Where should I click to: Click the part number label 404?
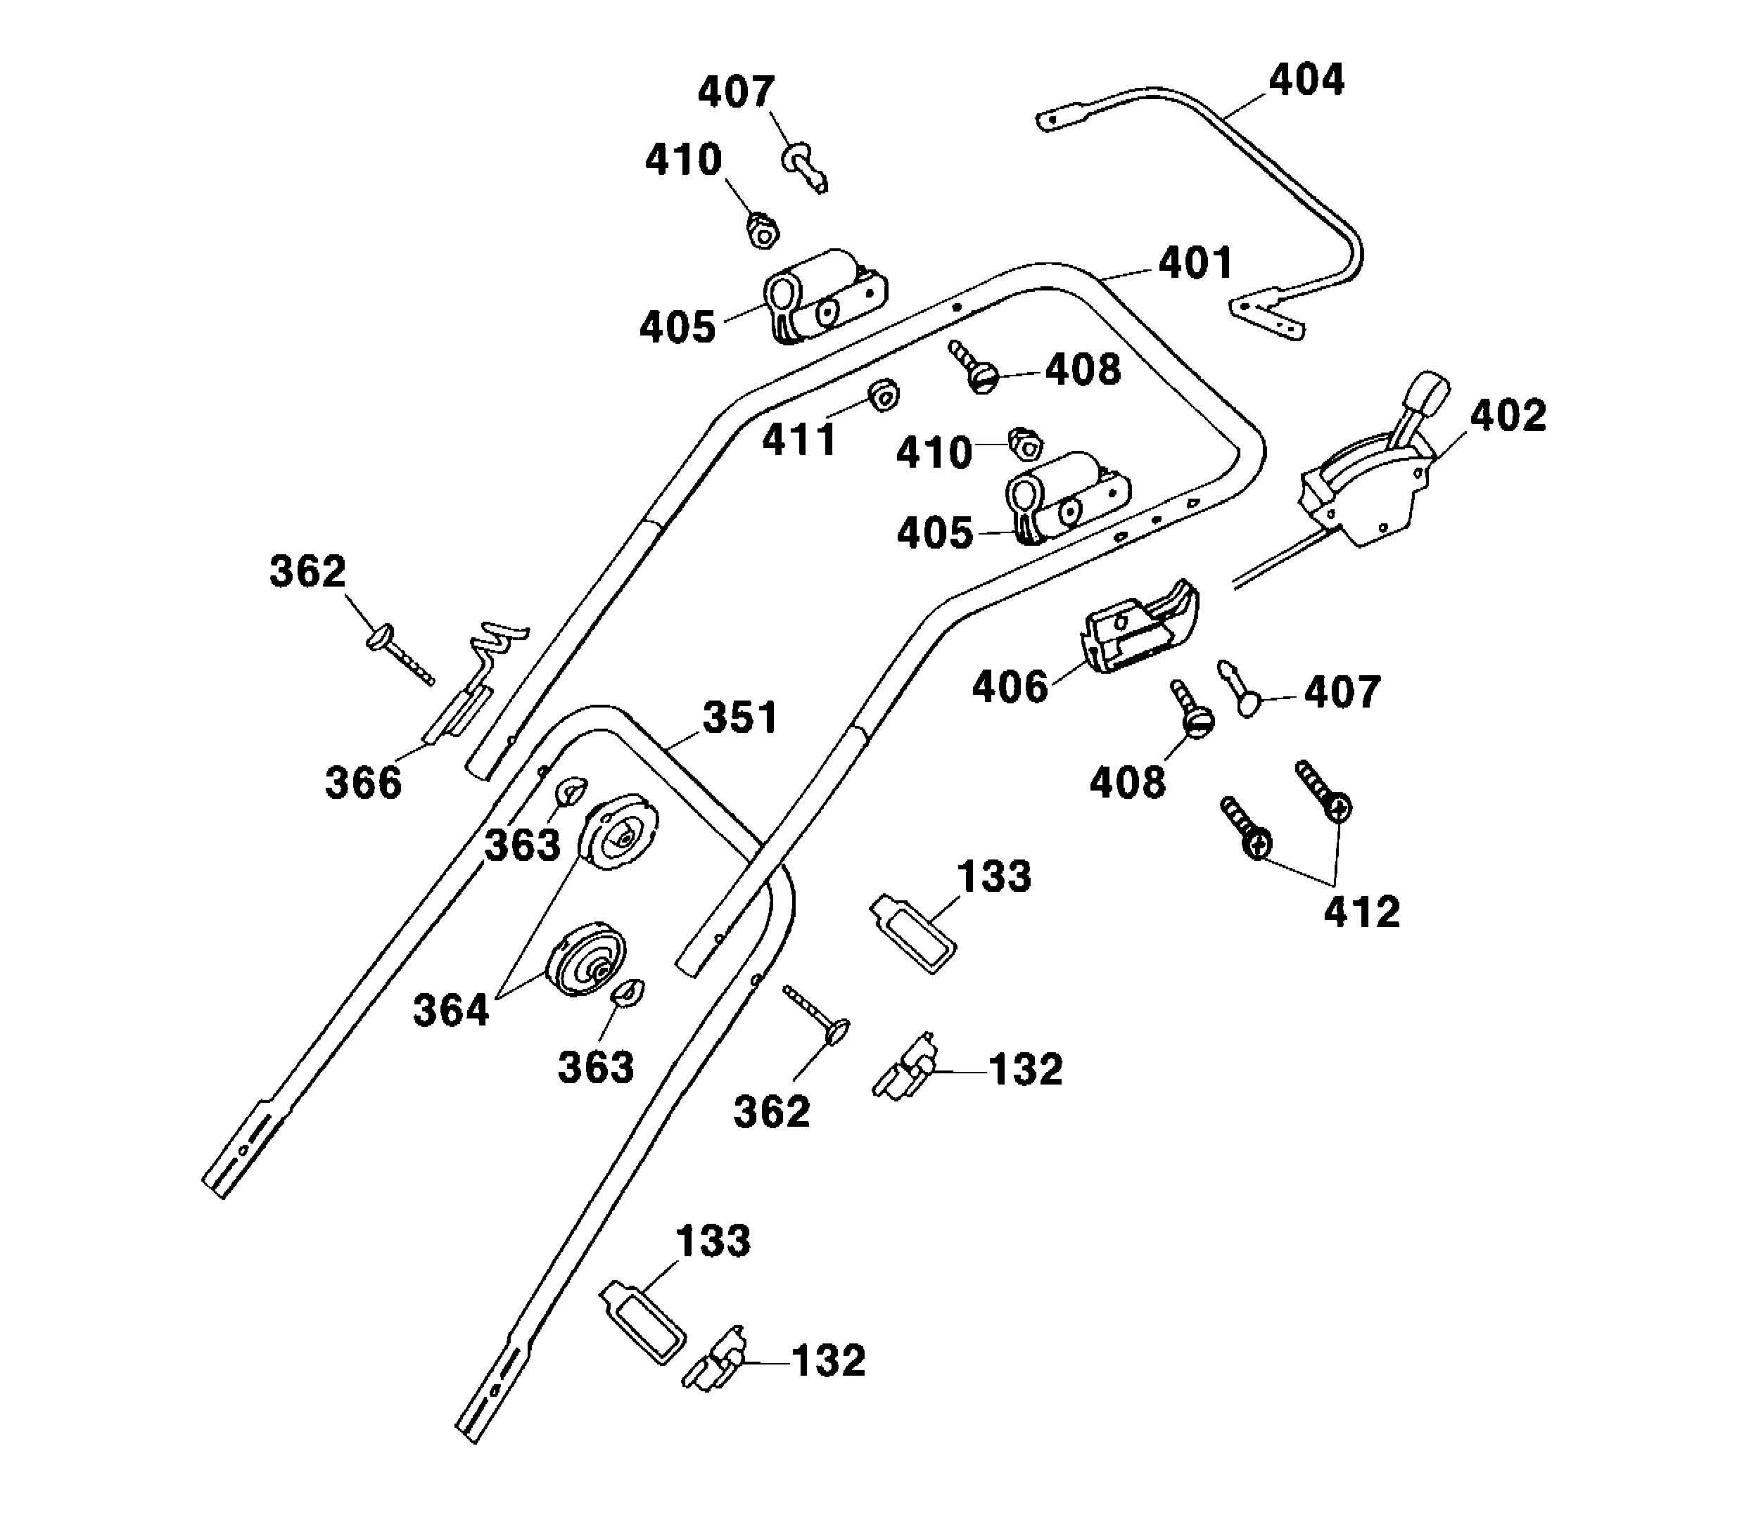tap(1306, 79)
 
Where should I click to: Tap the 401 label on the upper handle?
tap(1195, 263)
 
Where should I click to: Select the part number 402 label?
tap(1508, 415)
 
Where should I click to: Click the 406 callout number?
tap(1010, 686)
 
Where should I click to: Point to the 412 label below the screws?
tap(1361, 912)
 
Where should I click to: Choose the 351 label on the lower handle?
tap(740, 718)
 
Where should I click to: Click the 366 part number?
tap(363, 783)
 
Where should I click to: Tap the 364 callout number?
tap(451, 1010)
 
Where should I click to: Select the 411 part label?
tap(798, 440)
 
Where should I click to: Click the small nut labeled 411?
tap(884, 394)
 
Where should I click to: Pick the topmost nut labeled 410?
tap(763, 230)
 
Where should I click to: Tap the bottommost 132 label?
tap(828, 1360)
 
